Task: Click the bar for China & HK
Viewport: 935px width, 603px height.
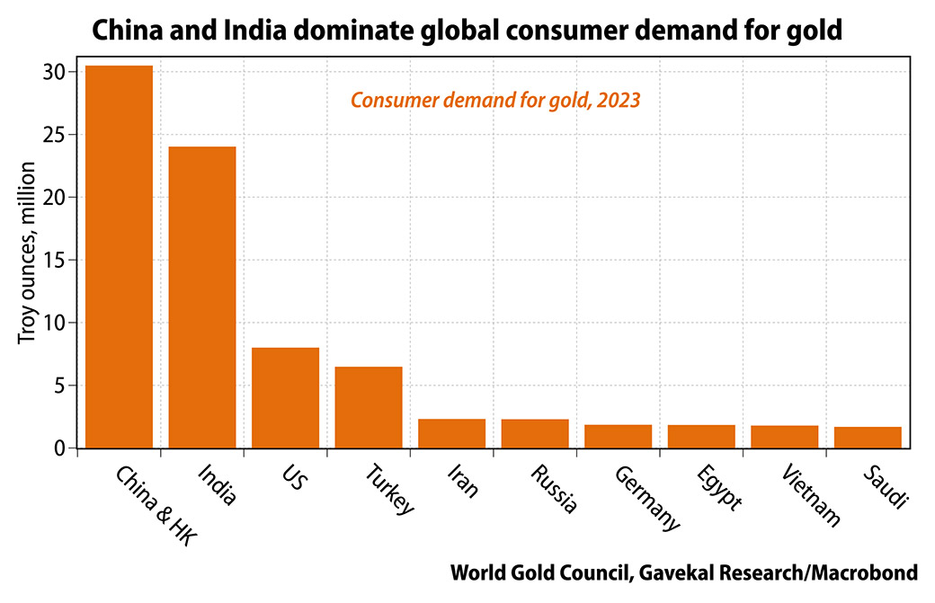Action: tap(119, 256)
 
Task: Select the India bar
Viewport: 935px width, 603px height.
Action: tap(202, 297)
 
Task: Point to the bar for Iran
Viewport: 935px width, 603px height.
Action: tap(451, 433)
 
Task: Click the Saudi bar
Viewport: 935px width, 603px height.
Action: tap(868, 437)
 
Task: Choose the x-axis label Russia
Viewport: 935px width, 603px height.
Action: tap(553, 489)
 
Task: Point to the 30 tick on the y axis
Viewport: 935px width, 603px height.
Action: tap(56, 72)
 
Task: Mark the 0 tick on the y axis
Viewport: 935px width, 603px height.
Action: tap(60, 448)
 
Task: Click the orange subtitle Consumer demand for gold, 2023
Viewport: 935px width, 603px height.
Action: tap(494, 101)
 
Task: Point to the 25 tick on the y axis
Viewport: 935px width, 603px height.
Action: tap(56, 135)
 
